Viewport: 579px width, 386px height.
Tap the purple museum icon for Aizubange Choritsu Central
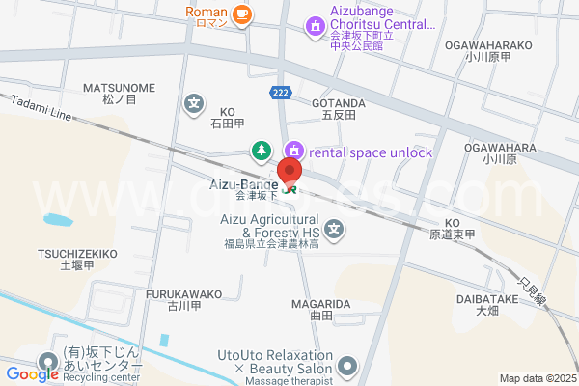315,26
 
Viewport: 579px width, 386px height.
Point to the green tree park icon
261,150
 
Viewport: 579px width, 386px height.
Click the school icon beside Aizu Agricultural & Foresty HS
335,229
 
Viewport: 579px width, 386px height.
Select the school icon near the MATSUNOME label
195,103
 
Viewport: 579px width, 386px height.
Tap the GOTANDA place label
338,102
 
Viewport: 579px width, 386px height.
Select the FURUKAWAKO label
183,293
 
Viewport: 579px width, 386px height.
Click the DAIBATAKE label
486,300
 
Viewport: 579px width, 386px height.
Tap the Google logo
32,373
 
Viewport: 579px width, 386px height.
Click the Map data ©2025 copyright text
538,379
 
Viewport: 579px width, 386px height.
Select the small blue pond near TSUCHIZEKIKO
57,219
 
